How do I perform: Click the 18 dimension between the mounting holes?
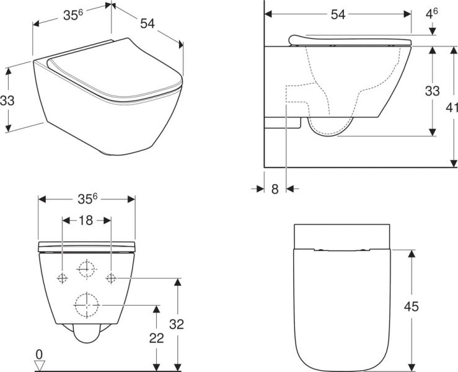(86, 220)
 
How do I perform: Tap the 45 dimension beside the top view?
(412, 306)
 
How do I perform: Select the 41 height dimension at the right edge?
(452, 107)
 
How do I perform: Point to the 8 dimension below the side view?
(275, 189)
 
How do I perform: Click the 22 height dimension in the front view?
(157, 338)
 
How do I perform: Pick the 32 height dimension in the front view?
(177, 324)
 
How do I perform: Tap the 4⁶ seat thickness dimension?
(431, 14)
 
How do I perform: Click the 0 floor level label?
(39, 355)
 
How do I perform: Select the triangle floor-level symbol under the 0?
(40, 366)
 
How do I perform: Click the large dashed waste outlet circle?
(87, 305)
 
